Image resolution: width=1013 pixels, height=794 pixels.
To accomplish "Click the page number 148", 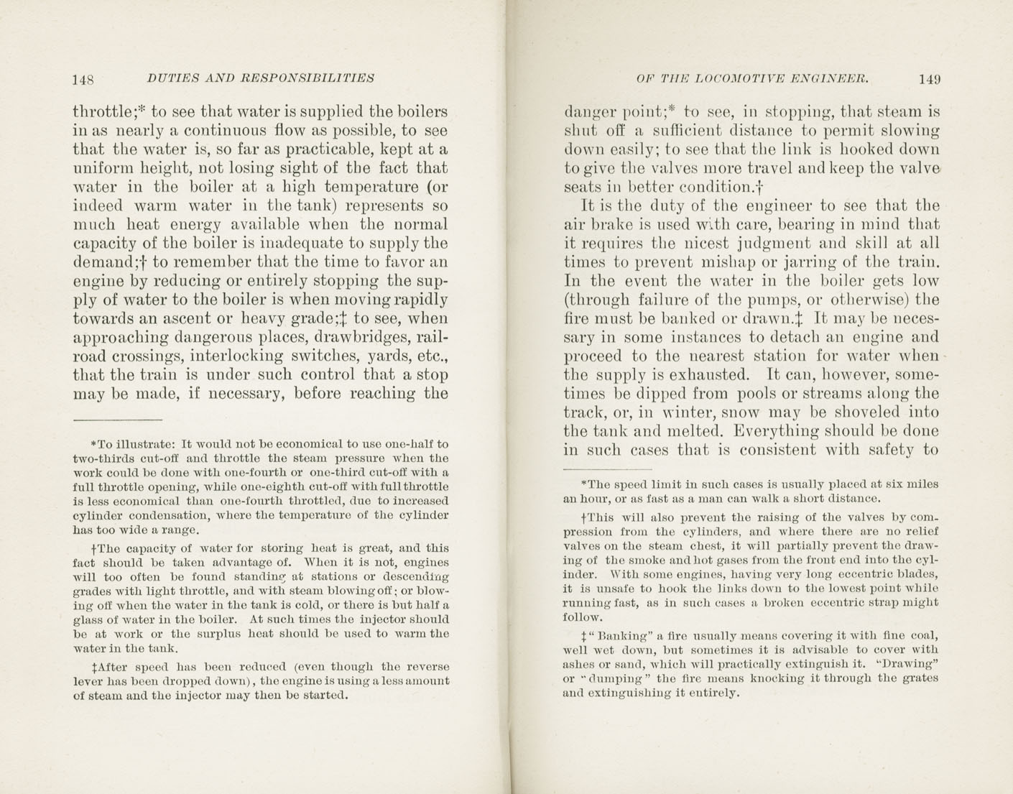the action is click(x=84, y=79).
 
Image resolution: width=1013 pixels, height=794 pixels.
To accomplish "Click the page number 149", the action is click(x=928, y=79).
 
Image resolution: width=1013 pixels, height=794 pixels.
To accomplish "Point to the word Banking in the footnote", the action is click(x=620, y=635).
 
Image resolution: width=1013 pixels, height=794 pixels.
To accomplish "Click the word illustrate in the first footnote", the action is click(x=142, y=444).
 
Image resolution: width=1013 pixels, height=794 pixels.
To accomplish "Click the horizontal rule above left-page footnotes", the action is click(x=118, y=419).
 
